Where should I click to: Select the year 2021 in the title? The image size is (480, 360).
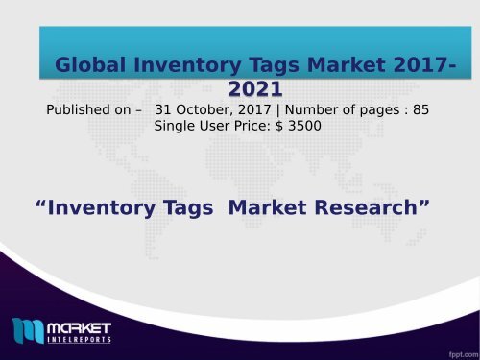point(255,89)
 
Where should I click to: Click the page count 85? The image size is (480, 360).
point(420,109)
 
